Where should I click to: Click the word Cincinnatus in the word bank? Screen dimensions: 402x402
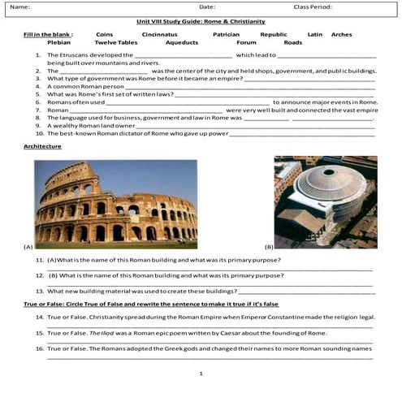[159, 35]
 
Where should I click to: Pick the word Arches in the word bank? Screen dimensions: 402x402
[342, 35]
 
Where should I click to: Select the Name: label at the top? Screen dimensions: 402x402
[20, 6]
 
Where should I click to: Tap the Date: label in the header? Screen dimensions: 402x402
[207, 6]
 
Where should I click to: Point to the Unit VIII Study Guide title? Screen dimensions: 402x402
[201, 21]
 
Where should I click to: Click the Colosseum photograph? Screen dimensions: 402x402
[115, 203]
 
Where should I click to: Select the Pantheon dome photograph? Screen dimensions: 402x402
[325, 201]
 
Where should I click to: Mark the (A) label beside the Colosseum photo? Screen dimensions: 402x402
[28, 245]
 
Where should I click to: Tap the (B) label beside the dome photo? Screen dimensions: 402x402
[268, 245]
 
